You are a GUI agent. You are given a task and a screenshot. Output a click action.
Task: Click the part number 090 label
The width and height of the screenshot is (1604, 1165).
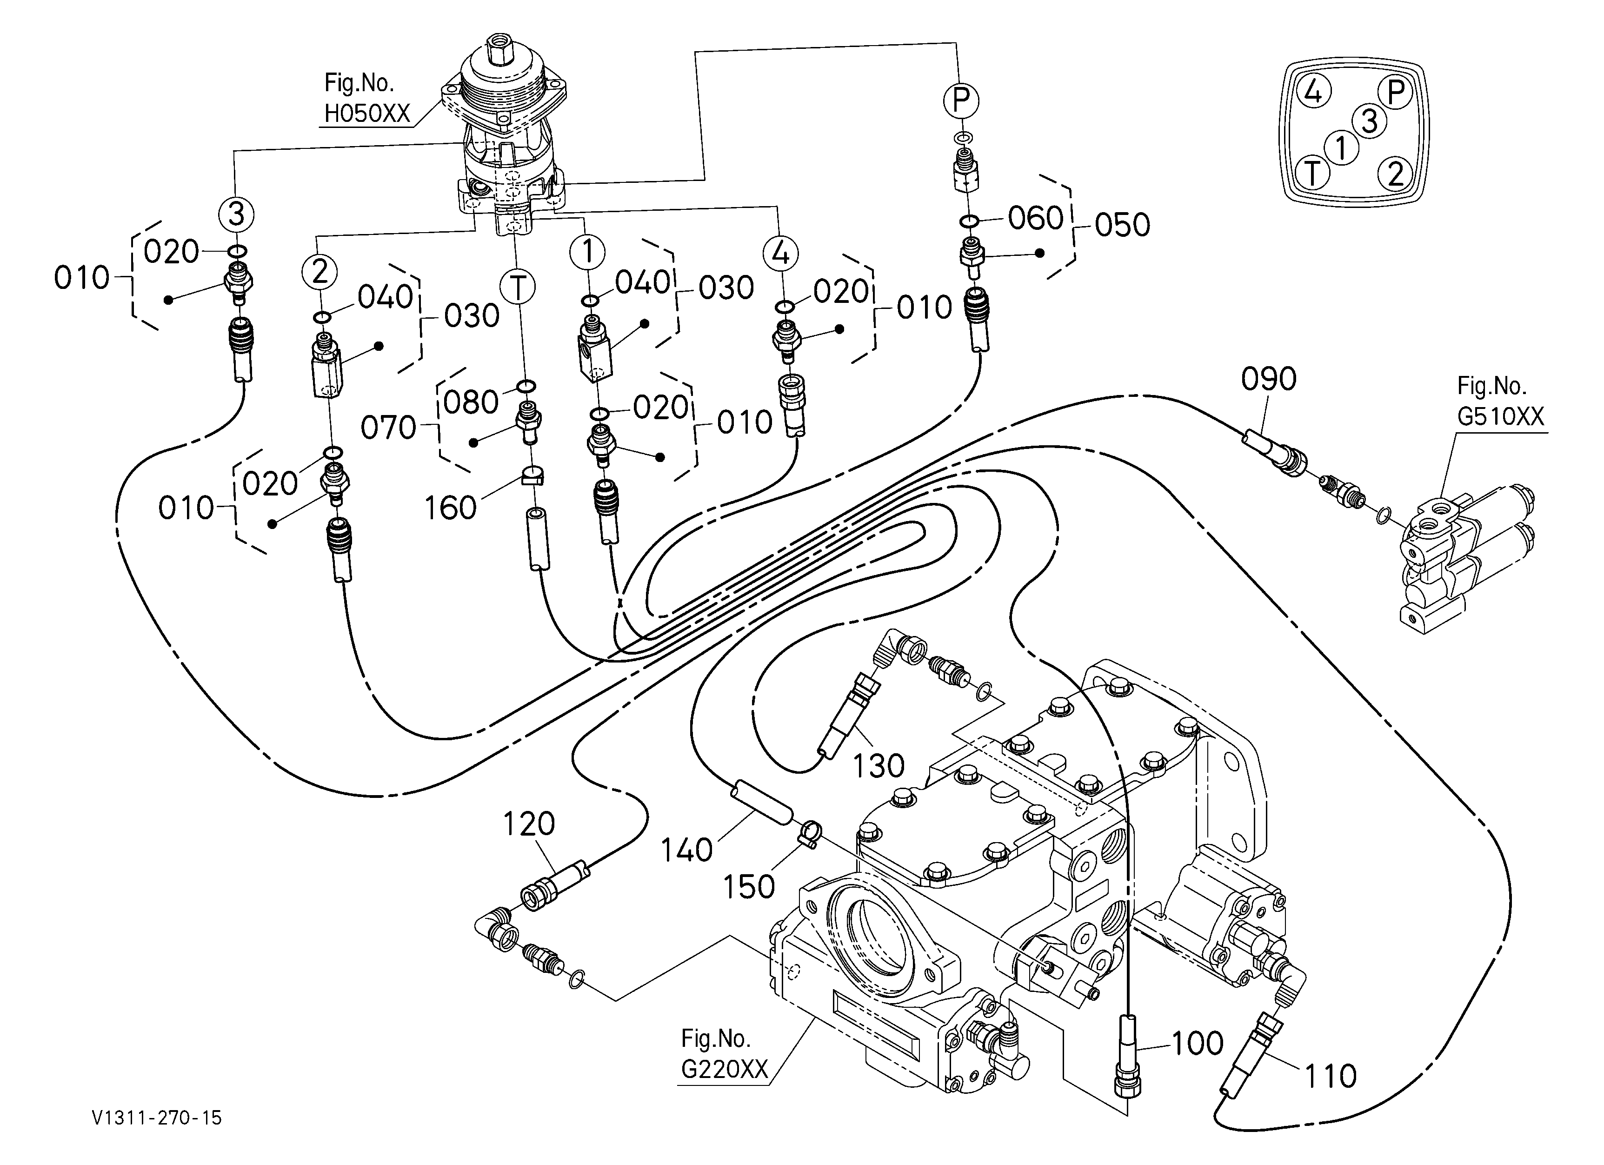click(1269, 379)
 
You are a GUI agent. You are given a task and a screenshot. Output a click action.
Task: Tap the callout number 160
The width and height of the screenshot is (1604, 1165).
click(451, 508)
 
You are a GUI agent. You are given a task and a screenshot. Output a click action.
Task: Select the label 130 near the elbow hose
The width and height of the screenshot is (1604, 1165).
click(879, 765)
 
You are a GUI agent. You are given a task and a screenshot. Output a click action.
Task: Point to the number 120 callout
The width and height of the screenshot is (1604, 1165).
click(529, 824)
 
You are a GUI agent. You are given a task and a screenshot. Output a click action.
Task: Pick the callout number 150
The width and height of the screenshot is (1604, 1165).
click(749, 886)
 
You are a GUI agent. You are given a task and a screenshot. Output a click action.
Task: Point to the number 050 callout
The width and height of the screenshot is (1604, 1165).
click(1122, 225)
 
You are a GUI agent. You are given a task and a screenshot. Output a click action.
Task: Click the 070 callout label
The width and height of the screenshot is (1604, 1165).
click(388, 428)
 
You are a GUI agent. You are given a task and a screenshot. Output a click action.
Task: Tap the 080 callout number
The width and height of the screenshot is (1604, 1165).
click(472, 402)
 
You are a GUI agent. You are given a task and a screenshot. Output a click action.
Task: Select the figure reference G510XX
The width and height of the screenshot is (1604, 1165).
click(1501, 416)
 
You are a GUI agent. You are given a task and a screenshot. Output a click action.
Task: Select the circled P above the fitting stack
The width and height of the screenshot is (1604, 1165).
click(960, 100)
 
